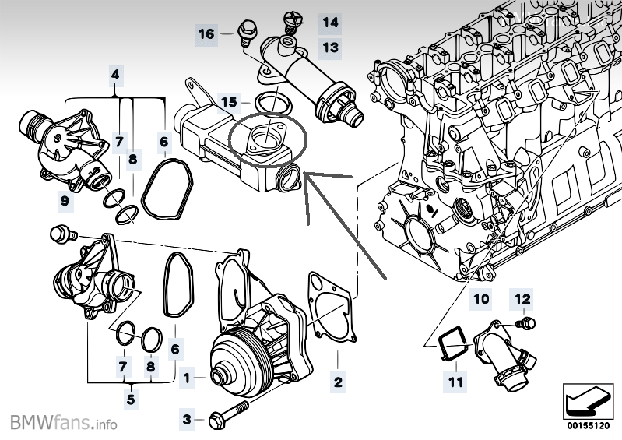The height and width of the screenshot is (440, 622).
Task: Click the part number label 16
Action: tap(206, 34)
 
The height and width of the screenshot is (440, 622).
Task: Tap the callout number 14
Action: tap(330, 23)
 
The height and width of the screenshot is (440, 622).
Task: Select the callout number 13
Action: tap(330, 48)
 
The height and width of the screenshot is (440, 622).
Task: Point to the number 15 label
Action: tap(228, 102)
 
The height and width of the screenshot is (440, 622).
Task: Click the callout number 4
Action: tap(116, 76)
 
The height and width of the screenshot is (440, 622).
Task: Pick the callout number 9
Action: tap(65, 203)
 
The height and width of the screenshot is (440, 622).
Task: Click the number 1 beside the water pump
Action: tap(186, 378)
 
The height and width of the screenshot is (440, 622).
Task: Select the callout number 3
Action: tap(186, 420)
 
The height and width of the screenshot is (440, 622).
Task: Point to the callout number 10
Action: tap(480, 298)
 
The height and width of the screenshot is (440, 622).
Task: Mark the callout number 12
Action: tap(521, 297)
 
